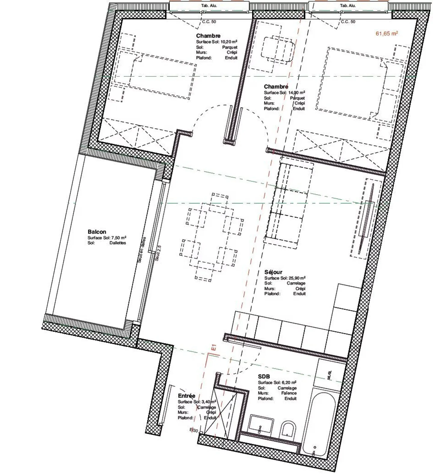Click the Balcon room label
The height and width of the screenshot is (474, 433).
(97, 232)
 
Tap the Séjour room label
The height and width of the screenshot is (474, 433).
(273, 272)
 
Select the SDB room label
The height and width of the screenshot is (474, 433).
(264, 377)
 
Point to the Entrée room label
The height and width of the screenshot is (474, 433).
(186, 396)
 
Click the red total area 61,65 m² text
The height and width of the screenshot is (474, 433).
(387, 33)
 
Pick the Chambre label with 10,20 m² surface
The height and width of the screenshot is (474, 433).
(208, 36)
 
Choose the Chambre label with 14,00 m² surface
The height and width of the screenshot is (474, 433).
(276, 87)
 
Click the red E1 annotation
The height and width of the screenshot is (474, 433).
(214, 348)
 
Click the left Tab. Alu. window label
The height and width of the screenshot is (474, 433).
(209, 5)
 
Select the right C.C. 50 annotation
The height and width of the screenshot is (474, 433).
(348, 22)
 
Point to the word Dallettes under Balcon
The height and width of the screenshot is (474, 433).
(118, 243)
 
